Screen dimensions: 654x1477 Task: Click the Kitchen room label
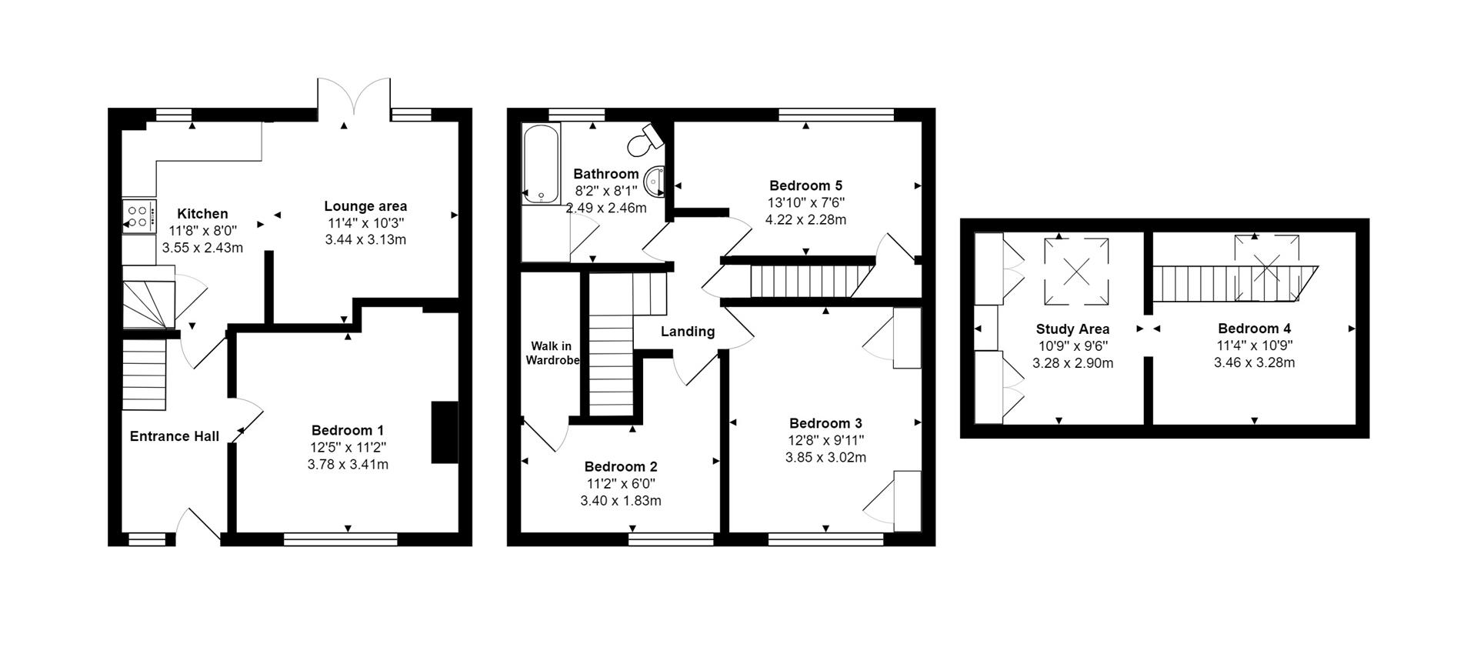click(202, 214)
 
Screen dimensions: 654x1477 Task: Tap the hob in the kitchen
click(139, 215)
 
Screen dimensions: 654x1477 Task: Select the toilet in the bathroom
click(643, 141)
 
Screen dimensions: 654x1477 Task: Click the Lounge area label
click(365, 206)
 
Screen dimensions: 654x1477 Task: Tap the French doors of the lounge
click(354, 102)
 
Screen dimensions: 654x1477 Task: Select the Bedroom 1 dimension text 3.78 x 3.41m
click(348, 464)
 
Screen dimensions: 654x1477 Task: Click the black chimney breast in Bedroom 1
click(444, 432)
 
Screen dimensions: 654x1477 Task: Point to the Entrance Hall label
click(175, 436)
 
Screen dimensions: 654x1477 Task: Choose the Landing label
click(688, 332)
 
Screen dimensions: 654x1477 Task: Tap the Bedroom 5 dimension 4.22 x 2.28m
click(805, 219)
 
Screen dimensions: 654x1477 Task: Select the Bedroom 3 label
click(825, 423)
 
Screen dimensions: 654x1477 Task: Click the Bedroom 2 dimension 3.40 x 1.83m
click(620, 501)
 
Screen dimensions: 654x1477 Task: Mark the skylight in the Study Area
click(1076, 271)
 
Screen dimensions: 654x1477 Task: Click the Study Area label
click(1072, 329)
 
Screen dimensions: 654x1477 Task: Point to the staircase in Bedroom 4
click(1231, 283)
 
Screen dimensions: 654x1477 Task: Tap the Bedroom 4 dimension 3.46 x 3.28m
click(1254, 362)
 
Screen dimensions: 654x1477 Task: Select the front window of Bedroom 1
click(341, 539)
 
